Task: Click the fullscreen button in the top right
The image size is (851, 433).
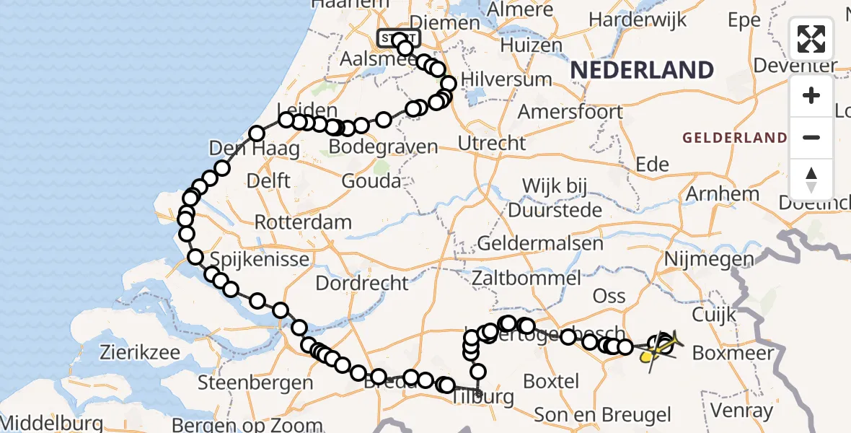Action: point(811,39)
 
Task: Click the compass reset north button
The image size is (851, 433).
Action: point(811,180)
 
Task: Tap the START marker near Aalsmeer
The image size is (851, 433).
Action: point(397,38)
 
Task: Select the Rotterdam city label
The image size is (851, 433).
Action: point(303,222)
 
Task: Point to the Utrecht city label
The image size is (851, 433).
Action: point(492,143)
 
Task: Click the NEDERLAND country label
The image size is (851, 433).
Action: point(642,70)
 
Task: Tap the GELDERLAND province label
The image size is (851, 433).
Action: point(735,137)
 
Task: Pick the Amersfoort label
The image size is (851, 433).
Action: point(570,112)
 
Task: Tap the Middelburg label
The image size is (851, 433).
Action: point(45,422)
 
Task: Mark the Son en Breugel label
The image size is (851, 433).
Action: point(602,415)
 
